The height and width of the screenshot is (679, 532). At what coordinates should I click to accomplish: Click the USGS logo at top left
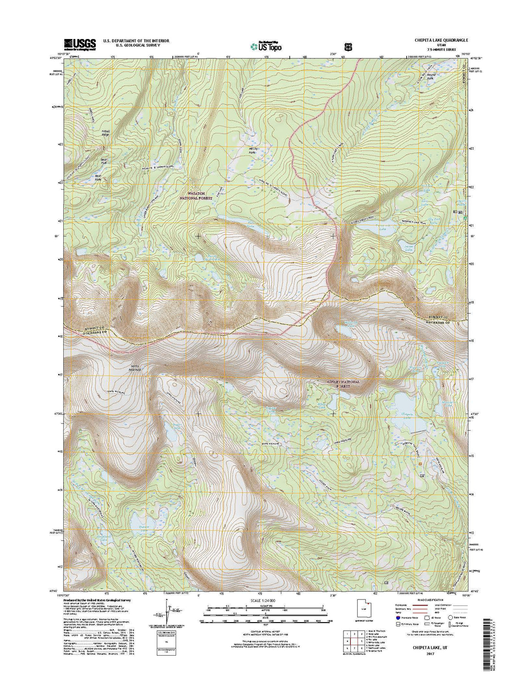click(x=80, y=44)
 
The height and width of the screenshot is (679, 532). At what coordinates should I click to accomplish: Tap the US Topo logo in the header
click(x=266, y=46)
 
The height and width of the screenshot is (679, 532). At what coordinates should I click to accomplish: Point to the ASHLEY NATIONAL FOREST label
click(x=344, y=384)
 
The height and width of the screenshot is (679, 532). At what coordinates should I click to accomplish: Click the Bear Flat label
click(x=103, y=162)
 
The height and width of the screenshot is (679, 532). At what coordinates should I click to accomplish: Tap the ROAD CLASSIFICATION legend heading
click(x=431, y=600)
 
